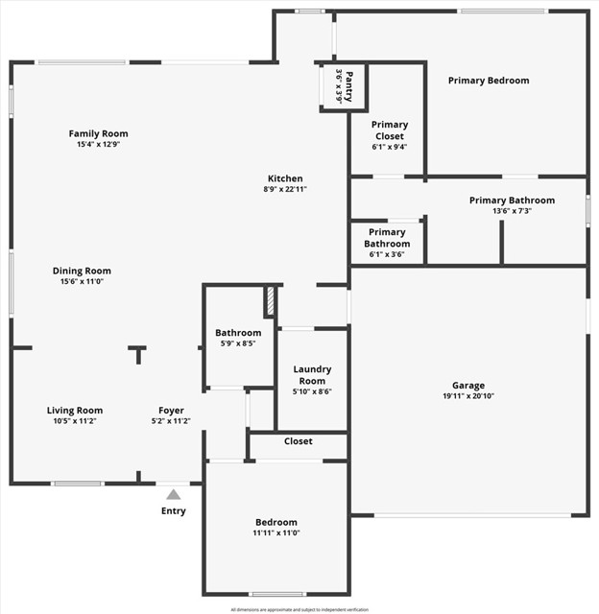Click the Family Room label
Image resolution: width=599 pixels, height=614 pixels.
(98, 133)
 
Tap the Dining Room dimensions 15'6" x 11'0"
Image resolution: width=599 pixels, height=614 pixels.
(82, 282)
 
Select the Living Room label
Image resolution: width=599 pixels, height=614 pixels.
(75, 411)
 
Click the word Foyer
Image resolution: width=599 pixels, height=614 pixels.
(171, 411)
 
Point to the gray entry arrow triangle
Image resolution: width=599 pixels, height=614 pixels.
(173, 494)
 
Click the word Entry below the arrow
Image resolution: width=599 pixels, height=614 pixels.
(173, 510)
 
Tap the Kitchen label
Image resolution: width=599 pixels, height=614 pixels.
(285, 178)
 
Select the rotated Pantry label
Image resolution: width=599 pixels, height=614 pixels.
(349, 86)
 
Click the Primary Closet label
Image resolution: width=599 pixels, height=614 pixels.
(389, 130)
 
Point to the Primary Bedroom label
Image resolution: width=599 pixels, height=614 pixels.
(489, 81)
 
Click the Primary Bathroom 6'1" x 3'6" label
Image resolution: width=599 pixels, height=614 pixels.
(387, 238)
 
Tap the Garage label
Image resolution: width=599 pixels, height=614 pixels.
(468, 386)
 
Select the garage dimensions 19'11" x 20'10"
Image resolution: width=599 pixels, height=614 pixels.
(468, 396)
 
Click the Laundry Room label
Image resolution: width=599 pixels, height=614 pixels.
(312, 375)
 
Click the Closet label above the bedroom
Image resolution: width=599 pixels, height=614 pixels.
(299, 441)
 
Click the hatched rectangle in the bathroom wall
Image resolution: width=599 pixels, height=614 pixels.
(271, 301)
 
